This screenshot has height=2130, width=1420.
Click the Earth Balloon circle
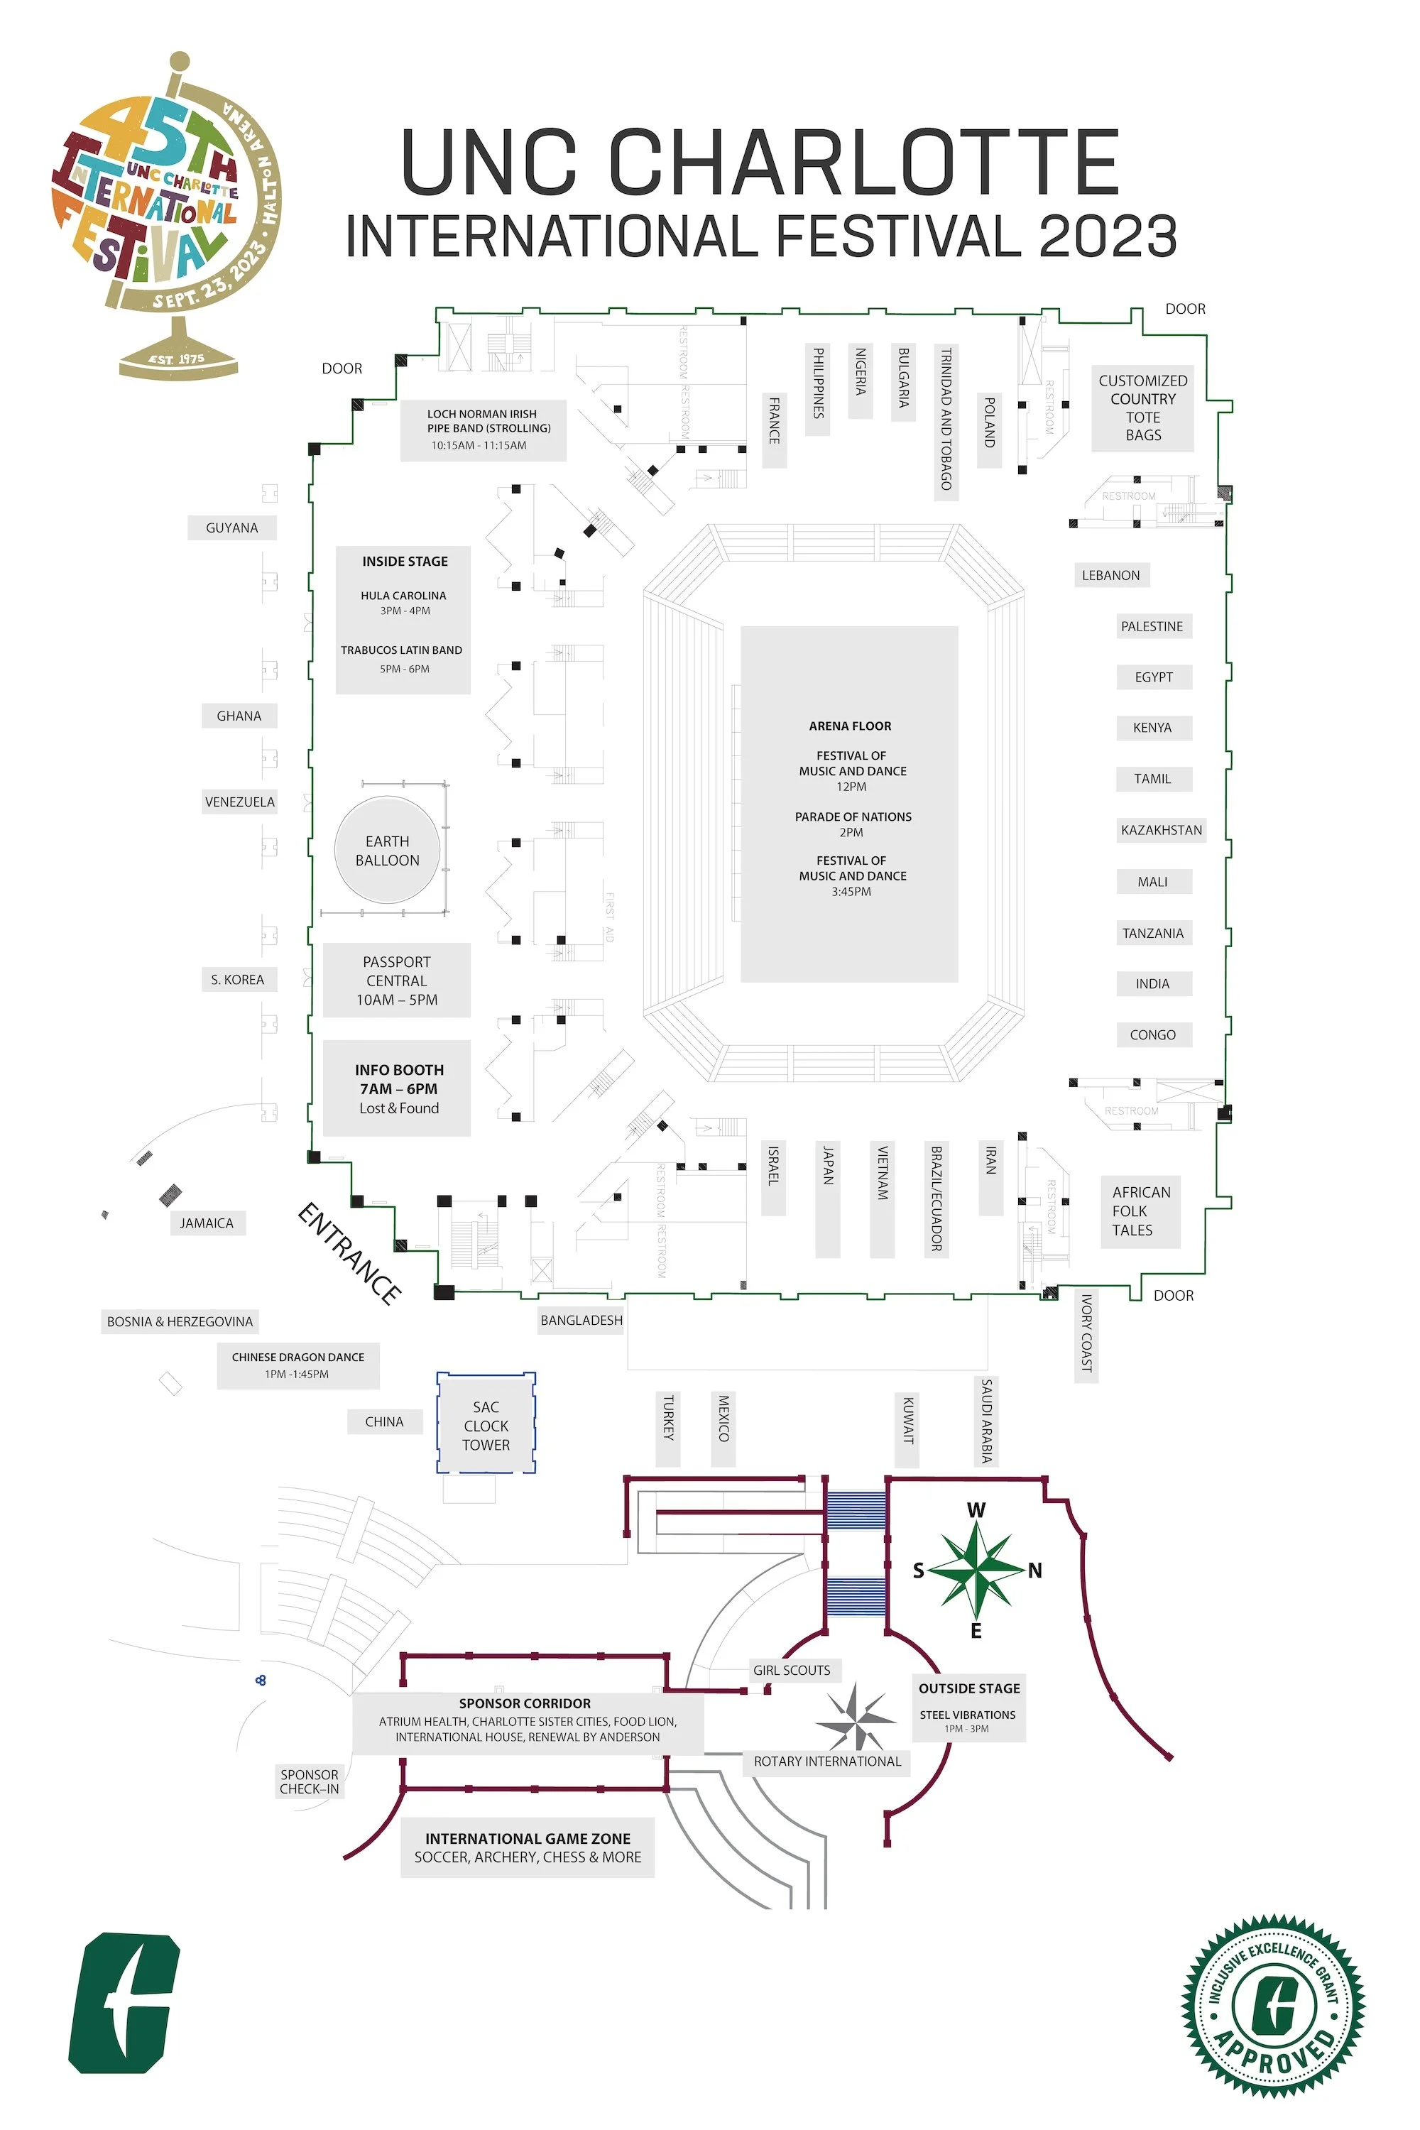click(x=388, y=851)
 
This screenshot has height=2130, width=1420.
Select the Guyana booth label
click(x=232, y=528)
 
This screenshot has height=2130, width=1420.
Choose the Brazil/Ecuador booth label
click(x=936, y=1199)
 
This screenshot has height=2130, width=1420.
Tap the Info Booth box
click(x=398, y=1088)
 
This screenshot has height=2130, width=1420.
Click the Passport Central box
click(x=397, y=981)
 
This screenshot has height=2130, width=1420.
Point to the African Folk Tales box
click(x=1140, y=1211)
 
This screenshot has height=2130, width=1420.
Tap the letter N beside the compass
click(x=1035, y=1571)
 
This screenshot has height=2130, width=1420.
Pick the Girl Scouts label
click(x=792, y=1670)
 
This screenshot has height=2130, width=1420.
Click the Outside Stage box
click(x=969, y=1707)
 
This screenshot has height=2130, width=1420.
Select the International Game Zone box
click(x=528, y=1847)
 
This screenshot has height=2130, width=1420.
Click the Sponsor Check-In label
click(x=310, y=1781)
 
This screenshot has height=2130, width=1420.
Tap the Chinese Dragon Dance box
click(x=298, y=1365)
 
